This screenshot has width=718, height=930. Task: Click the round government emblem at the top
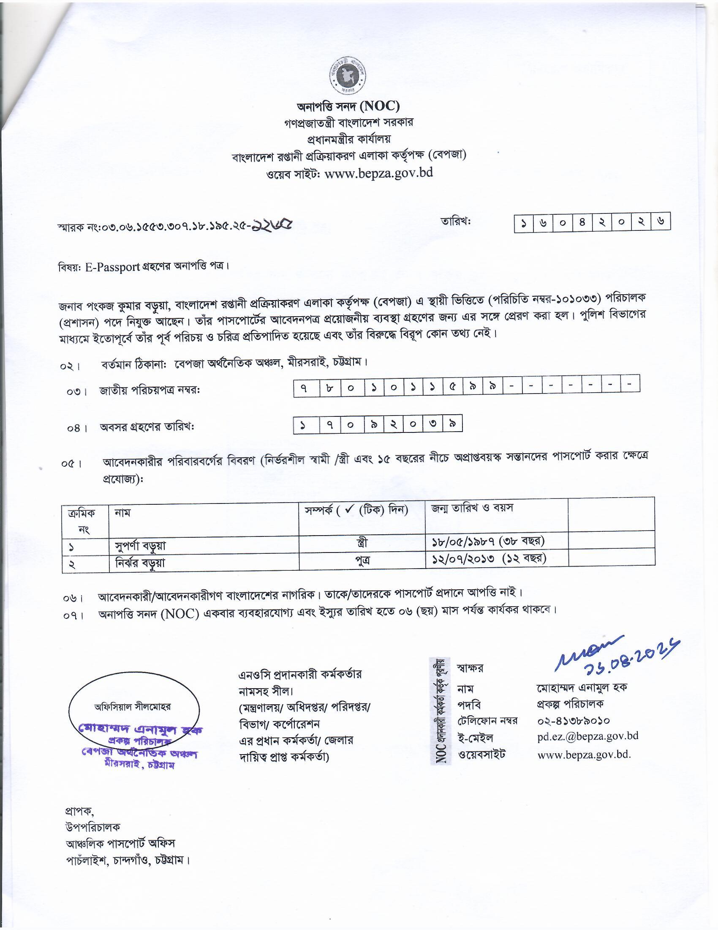click(348, 77)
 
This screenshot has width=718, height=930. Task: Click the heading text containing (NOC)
click(348, 106)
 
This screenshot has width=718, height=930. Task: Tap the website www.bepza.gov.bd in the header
click(378, 172)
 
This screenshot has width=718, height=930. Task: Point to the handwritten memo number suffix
click(272, 225)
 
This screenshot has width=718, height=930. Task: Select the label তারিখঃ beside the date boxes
click(457, 222)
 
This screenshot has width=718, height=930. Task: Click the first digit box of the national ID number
click(306, 387)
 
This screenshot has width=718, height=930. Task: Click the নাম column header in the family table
click(122, 513)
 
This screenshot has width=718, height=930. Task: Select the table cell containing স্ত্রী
click(362, 542)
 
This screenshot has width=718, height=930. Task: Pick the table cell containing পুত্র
click(362, 560)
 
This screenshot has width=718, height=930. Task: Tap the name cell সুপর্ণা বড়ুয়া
click(140, 545)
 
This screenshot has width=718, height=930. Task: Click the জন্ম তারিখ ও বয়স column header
click(472, 508)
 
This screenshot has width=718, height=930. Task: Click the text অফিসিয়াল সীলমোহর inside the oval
click(132, 707)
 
